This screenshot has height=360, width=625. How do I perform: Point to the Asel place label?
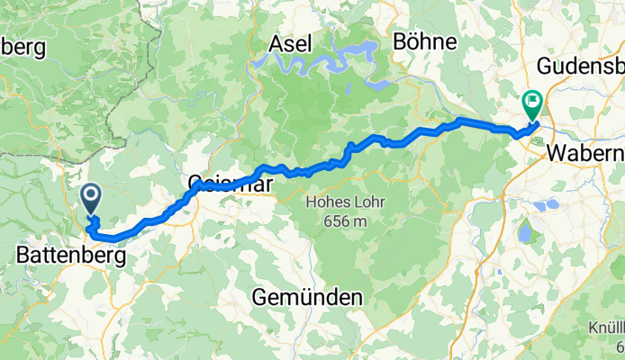point(291,42)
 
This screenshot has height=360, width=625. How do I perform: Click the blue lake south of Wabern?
point(524,234)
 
